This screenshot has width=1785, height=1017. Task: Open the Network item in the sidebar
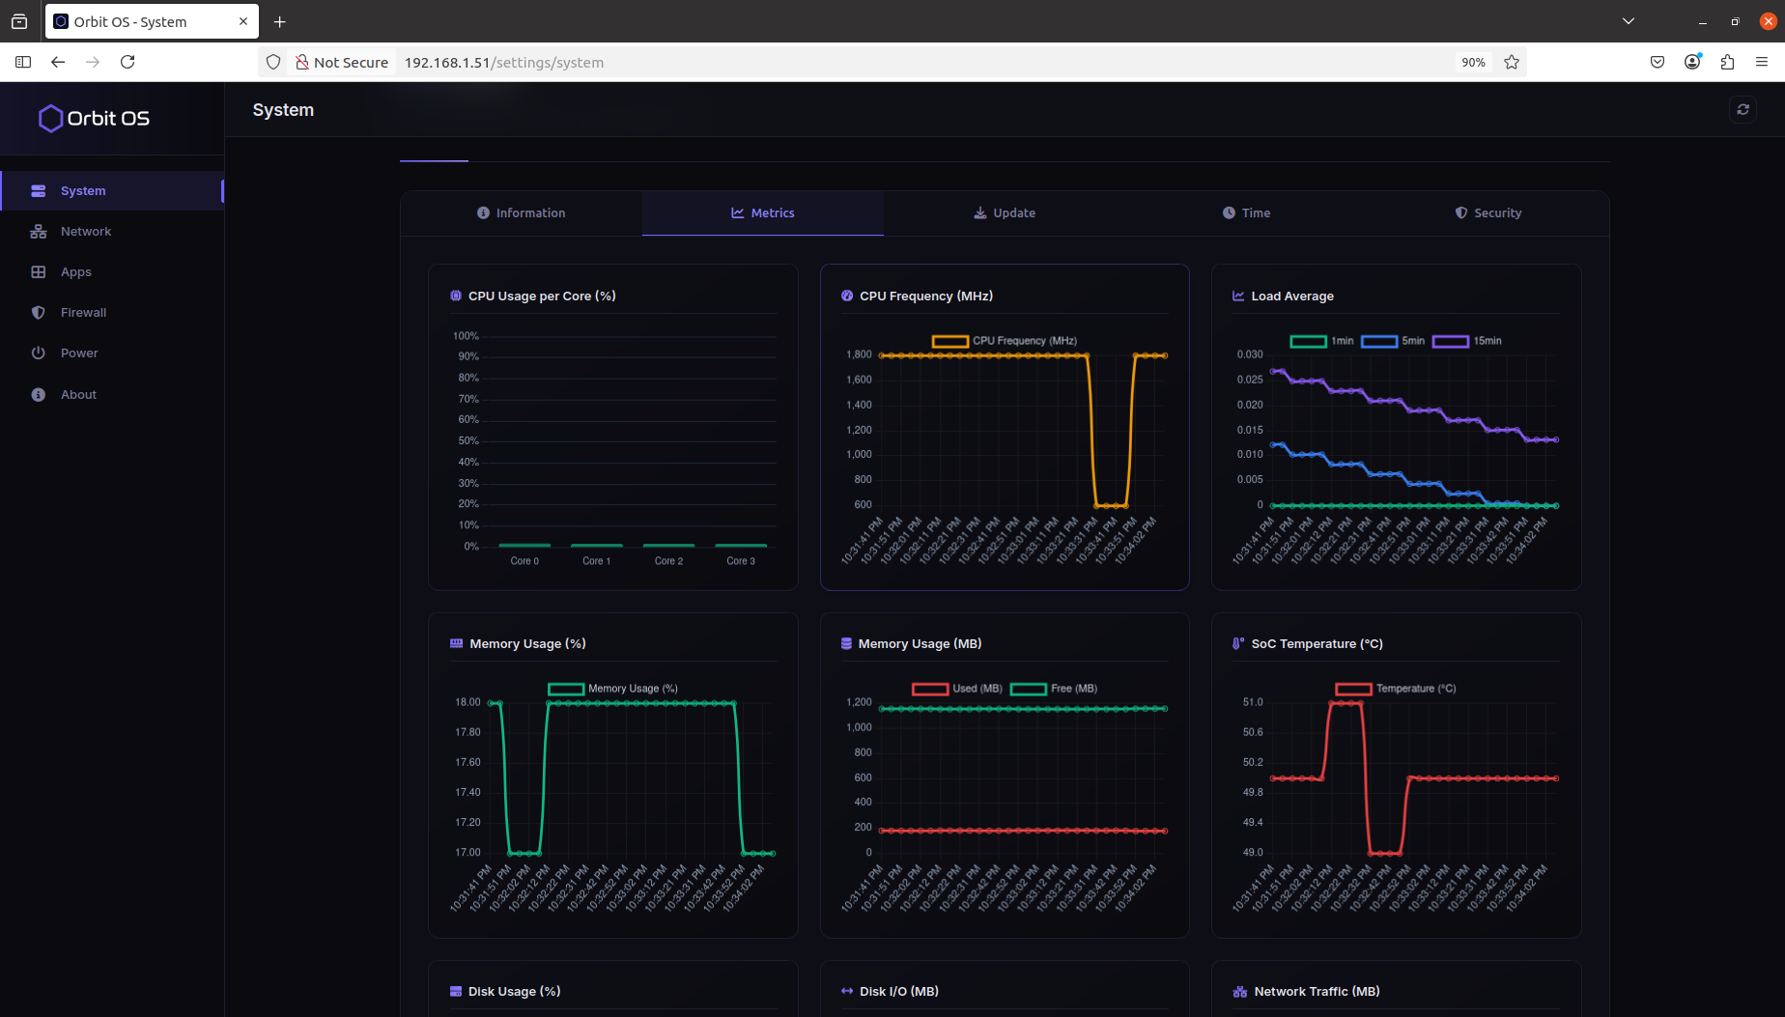point(85,232)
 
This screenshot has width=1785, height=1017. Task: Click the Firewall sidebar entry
point(83,313)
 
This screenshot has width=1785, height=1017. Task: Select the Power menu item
point(79,353)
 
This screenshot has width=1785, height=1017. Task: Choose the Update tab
point(1005,213)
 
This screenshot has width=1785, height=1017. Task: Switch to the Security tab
point(1488,213)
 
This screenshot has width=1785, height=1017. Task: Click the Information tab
point(522,213)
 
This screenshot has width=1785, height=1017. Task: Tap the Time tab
point(1246,213)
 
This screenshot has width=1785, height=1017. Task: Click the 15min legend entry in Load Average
point(1467,341)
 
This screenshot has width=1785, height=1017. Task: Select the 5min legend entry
point(1394,341)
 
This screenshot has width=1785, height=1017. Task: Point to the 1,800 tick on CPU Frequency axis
point(859,355)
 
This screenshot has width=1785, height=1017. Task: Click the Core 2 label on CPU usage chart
point(668,561)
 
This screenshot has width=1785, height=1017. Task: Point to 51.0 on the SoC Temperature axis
point(1253,702)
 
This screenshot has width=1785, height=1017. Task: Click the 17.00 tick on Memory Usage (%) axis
point(467,853)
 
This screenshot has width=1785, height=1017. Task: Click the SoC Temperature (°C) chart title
point(1317,644)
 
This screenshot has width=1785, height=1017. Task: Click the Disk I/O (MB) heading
point(898,992)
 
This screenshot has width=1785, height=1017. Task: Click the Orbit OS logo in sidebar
point(94,119)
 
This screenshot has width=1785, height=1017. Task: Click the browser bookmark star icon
point(1512,63)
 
